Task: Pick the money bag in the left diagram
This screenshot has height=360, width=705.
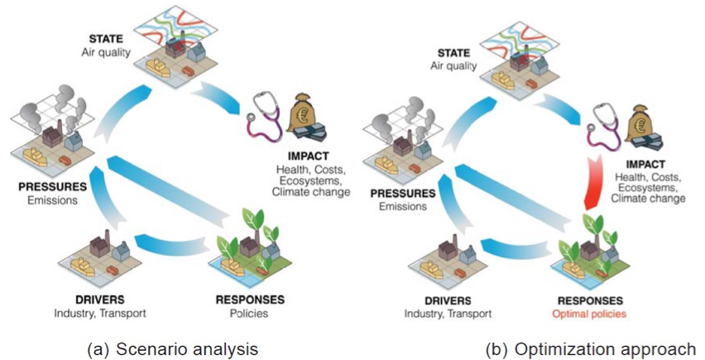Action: (311, 112)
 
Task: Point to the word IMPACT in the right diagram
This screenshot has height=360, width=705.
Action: (654, 164)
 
